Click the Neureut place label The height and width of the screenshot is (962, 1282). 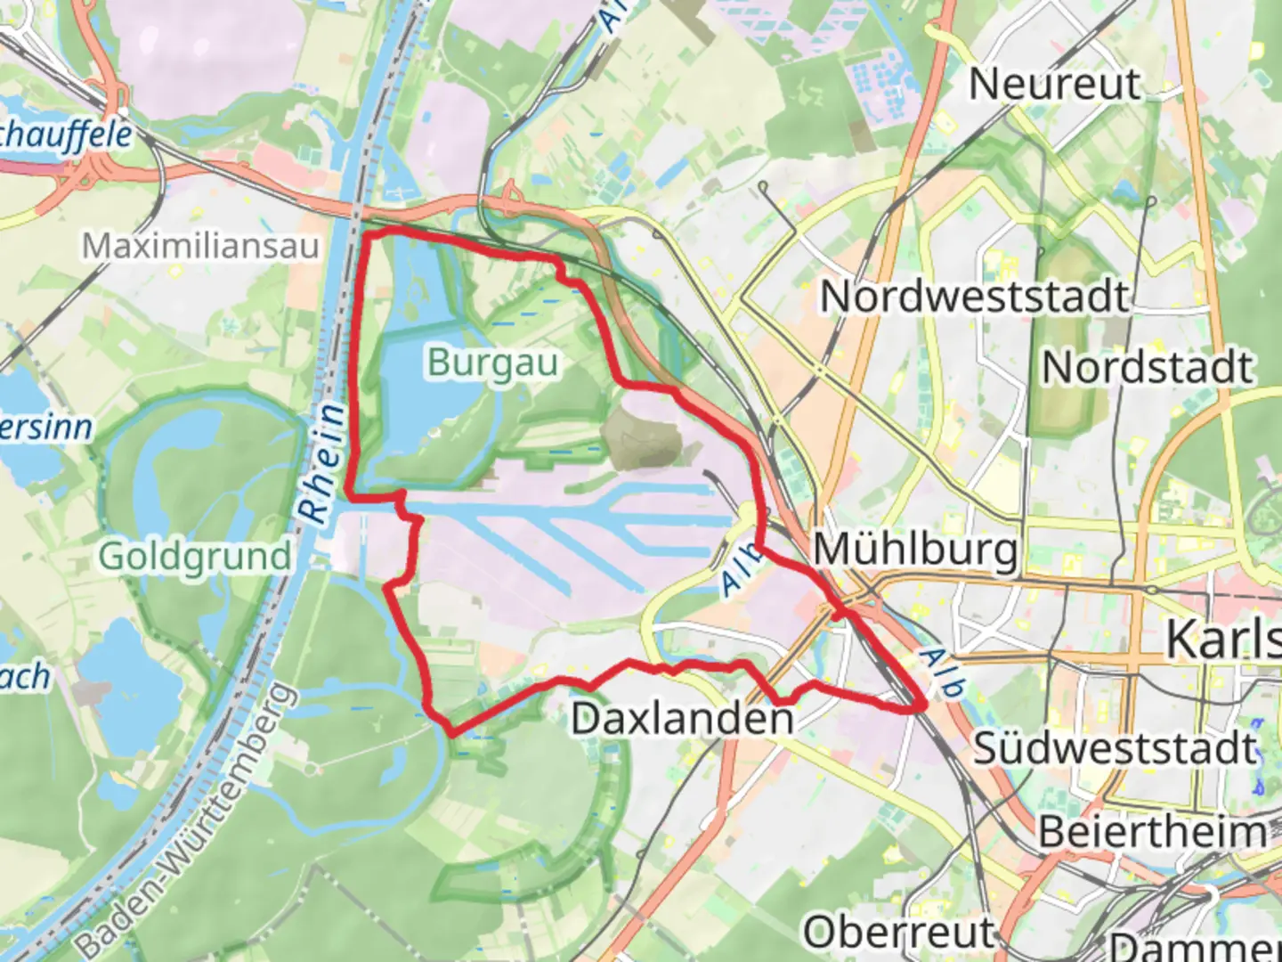[x=1054, y=85]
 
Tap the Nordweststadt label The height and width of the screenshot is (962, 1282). [x=974, y=296]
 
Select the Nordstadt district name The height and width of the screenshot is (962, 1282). [x=1148, y=367]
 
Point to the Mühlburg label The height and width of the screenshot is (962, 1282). [x=915, y=549]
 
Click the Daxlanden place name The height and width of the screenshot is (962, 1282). [x=682, y=718]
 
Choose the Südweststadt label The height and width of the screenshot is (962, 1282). [x=1115, y=748]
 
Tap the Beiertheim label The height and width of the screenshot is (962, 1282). [x=1153, y=832]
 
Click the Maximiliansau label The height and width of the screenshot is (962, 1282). [x=200, y=246]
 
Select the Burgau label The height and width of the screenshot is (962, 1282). [x=492, y=363]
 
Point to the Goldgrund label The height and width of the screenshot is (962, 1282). [x=194, y=557]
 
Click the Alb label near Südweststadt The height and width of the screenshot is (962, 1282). [x=942, y=673]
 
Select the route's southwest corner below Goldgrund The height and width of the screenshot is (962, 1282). [x=452, y=732]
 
